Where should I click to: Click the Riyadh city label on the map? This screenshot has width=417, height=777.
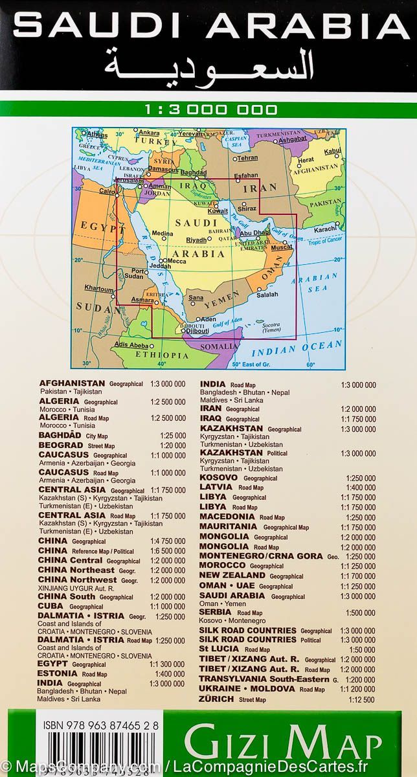click(x=197, y=240)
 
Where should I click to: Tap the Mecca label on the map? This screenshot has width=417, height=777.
click(x=177, y=261)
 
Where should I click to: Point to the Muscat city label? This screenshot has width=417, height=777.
click(x=282, y=247)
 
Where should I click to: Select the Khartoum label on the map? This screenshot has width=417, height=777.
click(x=99, y=288)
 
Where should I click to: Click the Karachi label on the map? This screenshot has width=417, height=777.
click(x=325, y=229)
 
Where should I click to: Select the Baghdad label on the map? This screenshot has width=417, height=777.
click(x=193, y=173)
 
